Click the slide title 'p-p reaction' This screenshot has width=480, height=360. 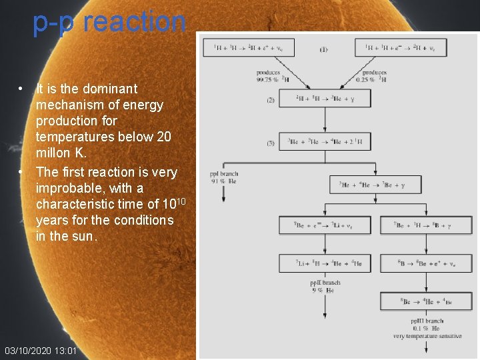pos(109,21)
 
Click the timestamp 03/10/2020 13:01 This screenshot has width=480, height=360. pos(41,351)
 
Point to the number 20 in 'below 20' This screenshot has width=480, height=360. pos(163,137)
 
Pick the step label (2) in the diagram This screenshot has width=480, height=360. pos(271,100)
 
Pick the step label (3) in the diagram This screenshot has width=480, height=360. pos(271,143)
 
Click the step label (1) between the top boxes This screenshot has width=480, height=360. pos(323,49)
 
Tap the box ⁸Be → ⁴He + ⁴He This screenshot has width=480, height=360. pos(426,301)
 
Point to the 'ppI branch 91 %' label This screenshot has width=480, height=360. pos(223,177)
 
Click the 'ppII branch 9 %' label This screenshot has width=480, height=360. pos(325,287)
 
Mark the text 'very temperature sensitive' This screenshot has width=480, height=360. pos(427,336)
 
